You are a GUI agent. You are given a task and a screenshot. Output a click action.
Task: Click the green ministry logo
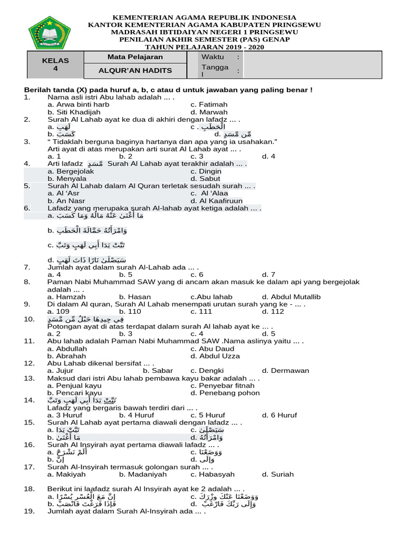point(49,32)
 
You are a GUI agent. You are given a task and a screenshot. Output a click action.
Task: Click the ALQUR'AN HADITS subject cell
point(135,71)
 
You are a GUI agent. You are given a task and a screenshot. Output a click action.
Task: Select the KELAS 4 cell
point(55,64)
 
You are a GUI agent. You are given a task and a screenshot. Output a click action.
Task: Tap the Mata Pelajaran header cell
point(135,57)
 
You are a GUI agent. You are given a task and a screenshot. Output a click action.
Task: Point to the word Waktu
point(213,57)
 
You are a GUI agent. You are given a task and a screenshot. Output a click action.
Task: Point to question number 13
point(29,378)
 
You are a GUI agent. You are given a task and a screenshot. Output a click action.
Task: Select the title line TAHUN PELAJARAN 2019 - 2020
point(205,47)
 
